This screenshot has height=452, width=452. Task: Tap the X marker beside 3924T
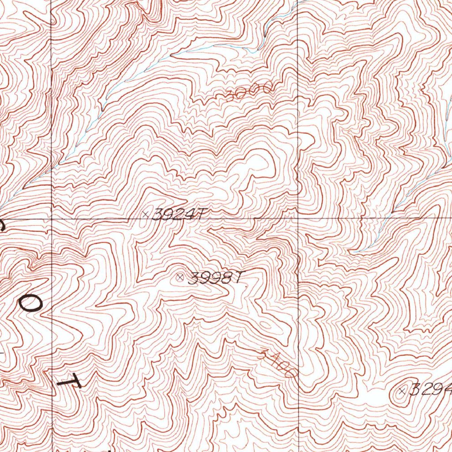coord(146,214)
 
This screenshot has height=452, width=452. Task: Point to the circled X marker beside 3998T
coord(180,278)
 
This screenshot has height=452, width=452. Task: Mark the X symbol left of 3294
coord(402,390)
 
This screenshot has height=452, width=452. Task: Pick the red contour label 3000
coord(249,91)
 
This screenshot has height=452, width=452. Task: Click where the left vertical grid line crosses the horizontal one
coord(52,218)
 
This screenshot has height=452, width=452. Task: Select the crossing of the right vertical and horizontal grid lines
coord(298,218)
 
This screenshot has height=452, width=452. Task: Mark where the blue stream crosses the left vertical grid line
coord(52,168)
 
